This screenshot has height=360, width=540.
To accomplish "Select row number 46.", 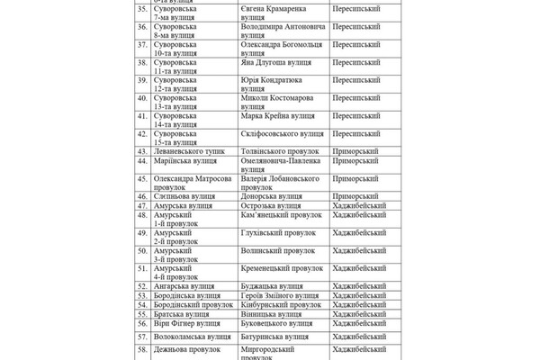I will (142, 195).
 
